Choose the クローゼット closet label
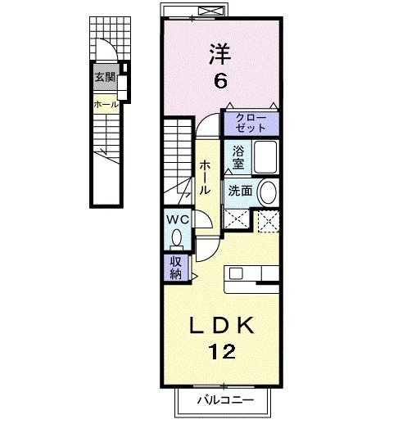[251, 124]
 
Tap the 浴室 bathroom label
[237, 156]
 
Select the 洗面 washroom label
[239, 190]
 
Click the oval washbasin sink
[267, 192]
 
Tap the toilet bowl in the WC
[178, 239]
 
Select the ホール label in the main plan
[204, 175]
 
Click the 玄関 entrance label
[104, 79]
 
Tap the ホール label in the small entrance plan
[105, 105]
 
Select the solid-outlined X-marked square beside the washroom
[237, 219]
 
